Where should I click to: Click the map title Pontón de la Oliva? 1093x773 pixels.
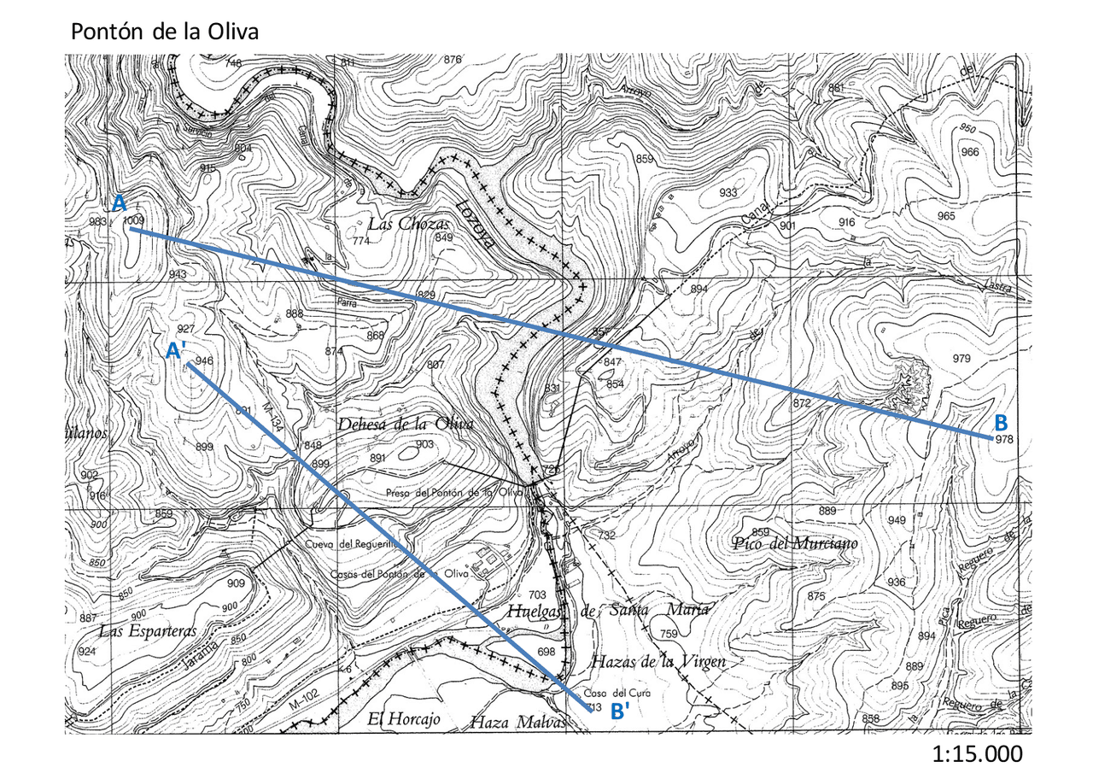point(164,32)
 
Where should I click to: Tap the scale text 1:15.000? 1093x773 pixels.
point(977,754)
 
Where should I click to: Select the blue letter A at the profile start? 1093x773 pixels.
point(120,203)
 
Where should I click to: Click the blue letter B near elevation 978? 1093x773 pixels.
point(1002,422)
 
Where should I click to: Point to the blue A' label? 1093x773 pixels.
point(177,350)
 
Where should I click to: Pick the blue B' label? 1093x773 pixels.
point(619,712)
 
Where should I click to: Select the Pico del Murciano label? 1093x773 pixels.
point(795,543)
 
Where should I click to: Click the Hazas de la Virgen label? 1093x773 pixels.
point(658,662)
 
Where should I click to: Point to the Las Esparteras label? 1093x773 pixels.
point(148,631)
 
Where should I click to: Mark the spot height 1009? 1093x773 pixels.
point(134,220)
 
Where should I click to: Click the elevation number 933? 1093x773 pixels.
point(728,193)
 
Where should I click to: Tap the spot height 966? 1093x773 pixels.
point(969,152)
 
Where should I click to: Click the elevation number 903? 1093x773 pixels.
point(424,444)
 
